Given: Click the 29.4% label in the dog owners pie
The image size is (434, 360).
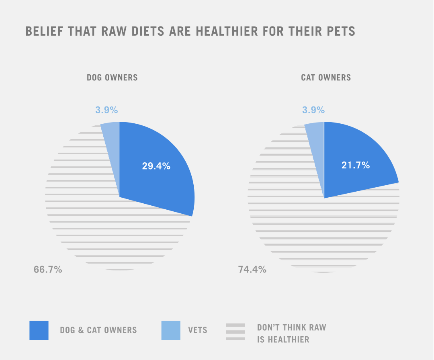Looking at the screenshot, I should coord(156,166).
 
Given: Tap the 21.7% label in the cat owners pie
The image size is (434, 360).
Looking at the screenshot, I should coord(355,165).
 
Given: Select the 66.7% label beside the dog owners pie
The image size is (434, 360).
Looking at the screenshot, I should coord(48,270).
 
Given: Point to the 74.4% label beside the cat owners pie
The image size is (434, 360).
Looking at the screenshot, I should coord(252,270).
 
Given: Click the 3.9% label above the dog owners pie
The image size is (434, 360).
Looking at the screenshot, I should coord(106,110).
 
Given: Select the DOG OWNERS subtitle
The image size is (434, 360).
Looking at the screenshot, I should coord(112,78).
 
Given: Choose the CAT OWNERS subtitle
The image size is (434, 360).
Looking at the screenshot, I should coord(326,78).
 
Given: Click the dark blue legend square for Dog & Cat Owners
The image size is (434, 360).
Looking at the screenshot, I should coord(39,330).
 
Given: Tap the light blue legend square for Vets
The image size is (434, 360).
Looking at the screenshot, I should coord(171,330).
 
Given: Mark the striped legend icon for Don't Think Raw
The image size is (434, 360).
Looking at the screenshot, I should coord(235,332).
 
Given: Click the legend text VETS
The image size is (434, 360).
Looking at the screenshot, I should coord(198,331).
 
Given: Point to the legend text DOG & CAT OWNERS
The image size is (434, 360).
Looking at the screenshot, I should coord(98,331).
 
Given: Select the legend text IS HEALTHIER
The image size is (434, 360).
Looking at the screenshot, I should coord(283,340).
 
